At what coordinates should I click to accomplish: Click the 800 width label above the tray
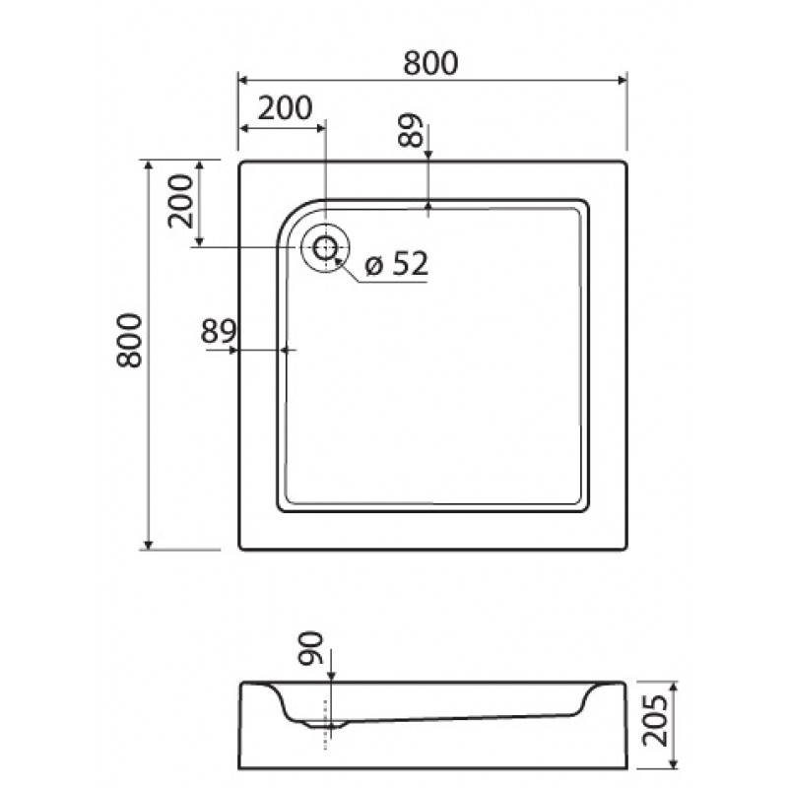[430, 63]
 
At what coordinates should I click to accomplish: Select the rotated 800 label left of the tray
[129, 340]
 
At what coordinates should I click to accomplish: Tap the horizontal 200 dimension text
[285, 107]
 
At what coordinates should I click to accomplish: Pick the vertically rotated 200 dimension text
[180, 201]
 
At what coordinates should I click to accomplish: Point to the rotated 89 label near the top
[410, 130]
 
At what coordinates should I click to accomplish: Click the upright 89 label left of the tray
[219, 331]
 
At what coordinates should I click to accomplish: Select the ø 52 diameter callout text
[397, 263]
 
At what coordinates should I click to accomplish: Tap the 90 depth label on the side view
[310, 648]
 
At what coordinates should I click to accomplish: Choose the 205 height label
[655, 720]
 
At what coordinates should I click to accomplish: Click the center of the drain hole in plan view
[325, 248]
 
